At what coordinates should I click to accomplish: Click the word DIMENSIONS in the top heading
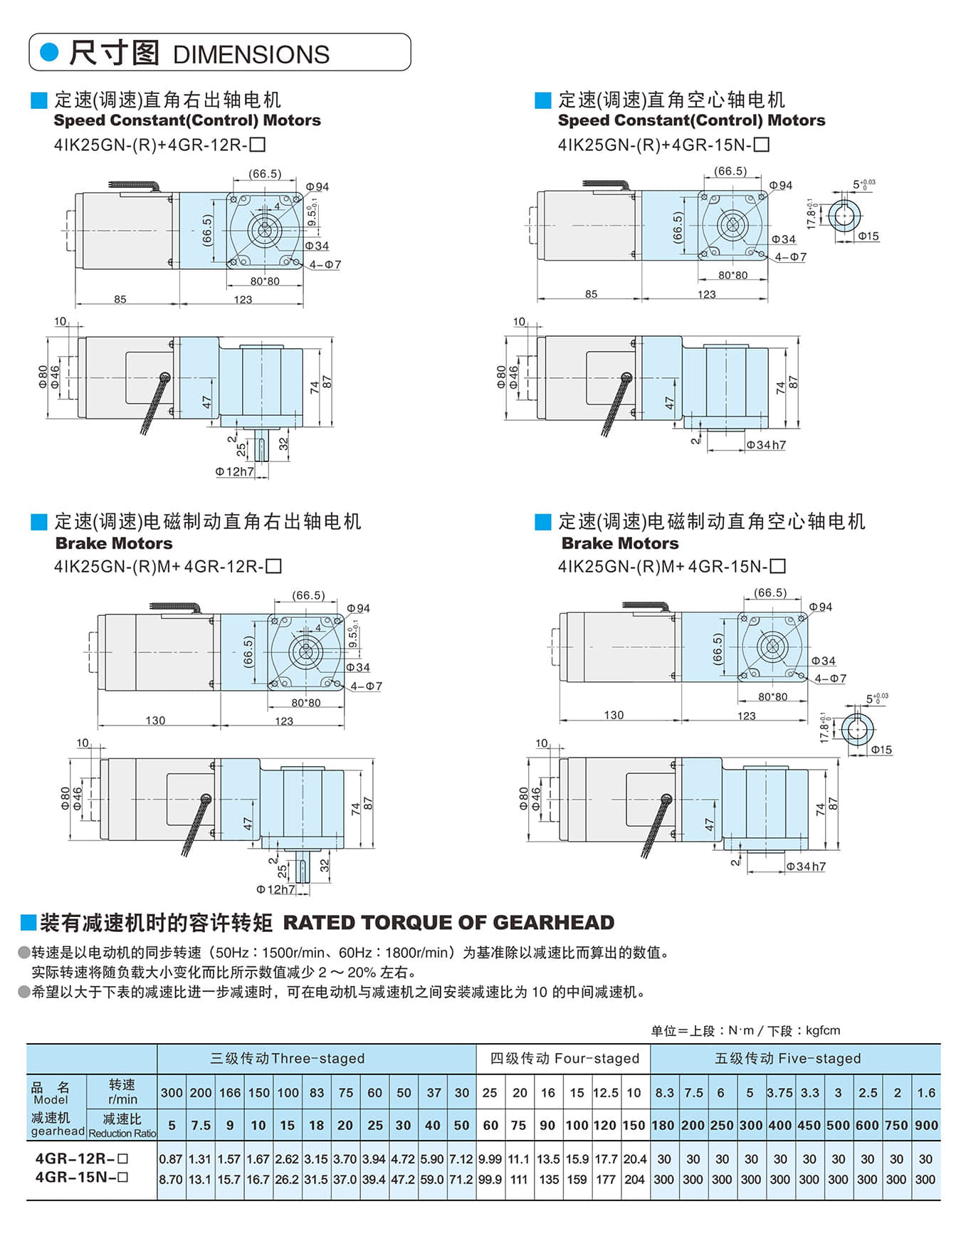(251, 55)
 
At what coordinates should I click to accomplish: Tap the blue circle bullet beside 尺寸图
(49, 52)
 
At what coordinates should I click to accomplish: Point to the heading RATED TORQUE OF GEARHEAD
(448, 923)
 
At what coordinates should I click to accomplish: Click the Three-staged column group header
(288, 1059)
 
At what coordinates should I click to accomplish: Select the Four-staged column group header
(564, 1059)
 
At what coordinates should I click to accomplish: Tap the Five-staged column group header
(788, 1059)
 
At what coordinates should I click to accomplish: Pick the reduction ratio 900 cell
(926, 1126)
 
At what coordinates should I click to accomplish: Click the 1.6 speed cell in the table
(926, 1093)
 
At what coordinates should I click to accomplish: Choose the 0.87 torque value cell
(171, 1159)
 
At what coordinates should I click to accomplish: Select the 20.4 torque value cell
(634, 1159)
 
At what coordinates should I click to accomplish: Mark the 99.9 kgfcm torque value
(490, 1180)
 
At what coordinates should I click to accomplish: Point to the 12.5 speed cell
(606, 1093)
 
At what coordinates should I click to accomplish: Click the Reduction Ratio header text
(122, 1134)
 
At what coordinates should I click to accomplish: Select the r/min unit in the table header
(122, 1099)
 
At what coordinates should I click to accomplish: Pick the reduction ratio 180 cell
(663, 1126)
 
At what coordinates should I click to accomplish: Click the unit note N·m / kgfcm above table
(745, 1030)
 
